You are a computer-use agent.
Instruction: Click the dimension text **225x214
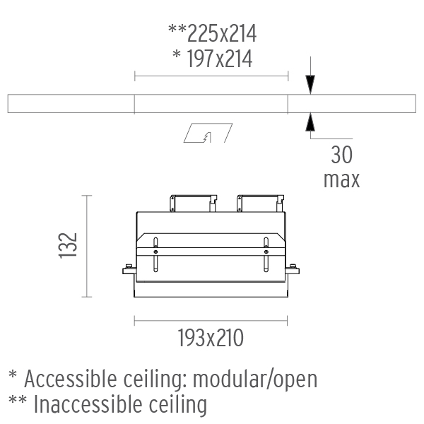pos(212,33)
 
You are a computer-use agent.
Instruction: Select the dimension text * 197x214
pos(213,59)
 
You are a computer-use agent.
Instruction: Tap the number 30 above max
pos(342,155)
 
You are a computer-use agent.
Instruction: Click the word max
pos(342,179)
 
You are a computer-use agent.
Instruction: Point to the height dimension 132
pos(68,245)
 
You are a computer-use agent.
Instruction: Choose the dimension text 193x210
pos(211,338)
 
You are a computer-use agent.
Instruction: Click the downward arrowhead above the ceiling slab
pos(310,85)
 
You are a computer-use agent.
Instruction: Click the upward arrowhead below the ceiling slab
pos(310,122)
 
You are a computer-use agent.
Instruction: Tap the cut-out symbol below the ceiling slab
pos(208,133)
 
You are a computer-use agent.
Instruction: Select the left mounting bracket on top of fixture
pos(193,203)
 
